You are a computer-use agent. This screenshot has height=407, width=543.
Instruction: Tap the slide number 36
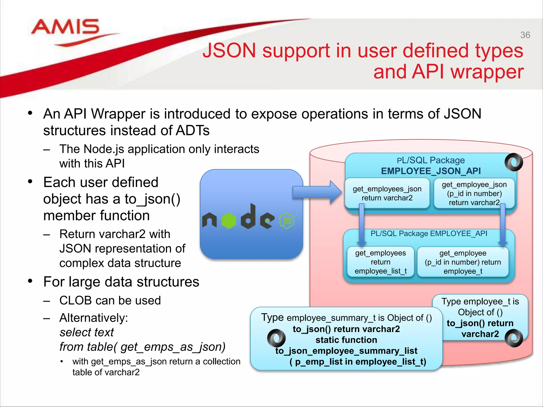(x=525, y=35)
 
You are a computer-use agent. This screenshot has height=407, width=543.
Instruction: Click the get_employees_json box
(x=387, y=193)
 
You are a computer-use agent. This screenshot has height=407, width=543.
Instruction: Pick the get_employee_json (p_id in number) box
(x=474, y=193)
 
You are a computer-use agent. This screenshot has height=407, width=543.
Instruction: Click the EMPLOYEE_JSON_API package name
(x=431, y=171)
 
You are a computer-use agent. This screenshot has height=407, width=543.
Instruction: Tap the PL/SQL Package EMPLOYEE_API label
(x=429, y=233)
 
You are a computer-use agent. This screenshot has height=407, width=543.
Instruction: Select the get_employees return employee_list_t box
(x=380, y=262)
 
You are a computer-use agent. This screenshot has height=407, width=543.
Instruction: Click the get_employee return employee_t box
(x=463, y=262)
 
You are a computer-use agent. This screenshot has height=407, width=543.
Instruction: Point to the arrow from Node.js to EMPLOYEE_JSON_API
(x=317, y=192)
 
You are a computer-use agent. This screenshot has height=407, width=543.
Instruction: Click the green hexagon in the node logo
(x=229, y=220)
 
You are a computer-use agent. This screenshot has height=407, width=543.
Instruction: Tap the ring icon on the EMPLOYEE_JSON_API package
(x=514, y=162)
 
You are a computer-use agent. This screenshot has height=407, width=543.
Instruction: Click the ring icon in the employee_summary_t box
(x=276, y=338)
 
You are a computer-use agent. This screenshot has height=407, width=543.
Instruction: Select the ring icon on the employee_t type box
(x=514, y=338)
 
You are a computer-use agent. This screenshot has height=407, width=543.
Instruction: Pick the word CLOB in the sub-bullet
(x=75, y=300)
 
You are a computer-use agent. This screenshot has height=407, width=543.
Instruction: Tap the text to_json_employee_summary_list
(x=346, y=351)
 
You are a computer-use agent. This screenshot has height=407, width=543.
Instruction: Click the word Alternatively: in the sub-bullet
(x=94, y=318)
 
